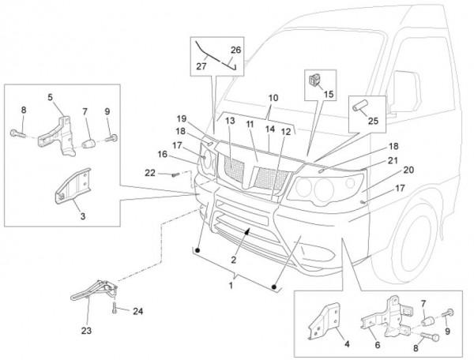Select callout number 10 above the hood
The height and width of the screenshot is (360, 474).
coord(273,99)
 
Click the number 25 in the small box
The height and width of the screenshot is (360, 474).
coord(373,121)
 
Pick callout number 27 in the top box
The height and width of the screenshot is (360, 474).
coord(200,68)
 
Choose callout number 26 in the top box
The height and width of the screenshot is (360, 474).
coord(236,51)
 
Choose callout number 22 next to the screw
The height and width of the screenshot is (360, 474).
coord(150,173)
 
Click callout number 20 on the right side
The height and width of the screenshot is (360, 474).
coord(409,169)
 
